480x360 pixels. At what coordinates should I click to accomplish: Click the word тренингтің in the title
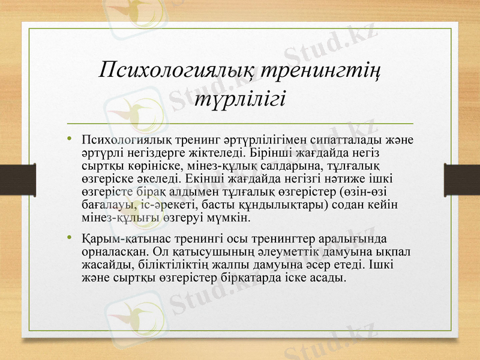click(322, 71)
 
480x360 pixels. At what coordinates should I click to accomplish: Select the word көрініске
click(150, 166)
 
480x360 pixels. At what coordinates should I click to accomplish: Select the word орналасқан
click(113, 250)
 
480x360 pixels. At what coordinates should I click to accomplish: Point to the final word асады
click(331, 277)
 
